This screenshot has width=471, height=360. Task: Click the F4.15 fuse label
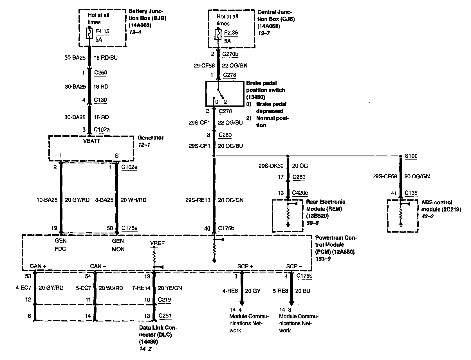(x=102, y=31)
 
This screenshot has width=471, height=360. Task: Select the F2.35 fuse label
(x=231, y=33)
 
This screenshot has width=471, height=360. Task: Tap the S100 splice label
(x=411, y=156)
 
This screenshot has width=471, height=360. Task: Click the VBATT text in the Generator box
(x=92, y=141)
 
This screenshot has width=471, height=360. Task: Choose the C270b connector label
(x=231, y=54)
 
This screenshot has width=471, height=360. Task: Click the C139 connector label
(x=100, y=100)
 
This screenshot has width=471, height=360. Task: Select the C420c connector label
(x=300, y=193)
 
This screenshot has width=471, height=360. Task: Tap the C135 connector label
(x=411, y=193)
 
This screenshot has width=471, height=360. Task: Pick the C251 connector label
(x=165, y=316)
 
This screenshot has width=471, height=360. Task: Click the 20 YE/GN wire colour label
(x=170, y=288)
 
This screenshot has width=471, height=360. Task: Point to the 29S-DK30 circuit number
(x=271, y=166)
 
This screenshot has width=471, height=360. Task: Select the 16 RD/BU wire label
(x=106, y=58)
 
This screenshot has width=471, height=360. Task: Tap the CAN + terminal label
(x=38, y=266)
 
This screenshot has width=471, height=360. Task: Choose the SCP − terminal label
(x=294, y=266)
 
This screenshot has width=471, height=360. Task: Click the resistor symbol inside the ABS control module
(x=401, y=216)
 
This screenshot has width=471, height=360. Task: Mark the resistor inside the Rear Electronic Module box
(x=288, y=215)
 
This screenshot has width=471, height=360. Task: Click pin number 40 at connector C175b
(x=207, y=228)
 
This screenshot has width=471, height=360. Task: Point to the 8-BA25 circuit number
(x=104, y=200)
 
